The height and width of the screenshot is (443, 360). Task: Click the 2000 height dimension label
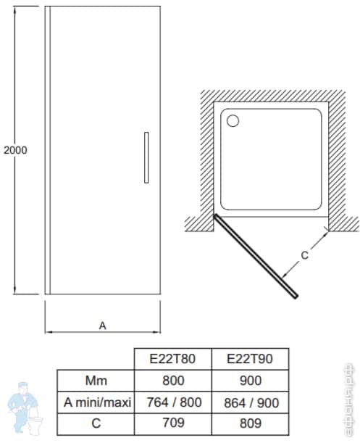pos(15,150)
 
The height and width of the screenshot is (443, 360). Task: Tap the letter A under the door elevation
pos(103,326)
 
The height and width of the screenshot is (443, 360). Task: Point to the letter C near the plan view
pos(304,254)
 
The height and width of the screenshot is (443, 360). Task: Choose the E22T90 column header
pos(249,358)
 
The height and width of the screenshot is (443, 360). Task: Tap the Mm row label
pos(96,380)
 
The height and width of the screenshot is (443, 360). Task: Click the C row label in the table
pos(96,423)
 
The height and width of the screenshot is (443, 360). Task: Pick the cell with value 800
pos(173,380)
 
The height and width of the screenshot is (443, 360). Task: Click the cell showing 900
pos(249,380)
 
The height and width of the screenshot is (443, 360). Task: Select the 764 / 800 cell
pos(173,402)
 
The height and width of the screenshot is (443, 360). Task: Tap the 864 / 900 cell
pos(249,402)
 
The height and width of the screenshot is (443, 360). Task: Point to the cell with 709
pos(173,423)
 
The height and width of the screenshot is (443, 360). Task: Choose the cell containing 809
pos(249,423)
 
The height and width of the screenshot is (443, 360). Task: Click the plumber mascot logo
pos(24,412)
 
